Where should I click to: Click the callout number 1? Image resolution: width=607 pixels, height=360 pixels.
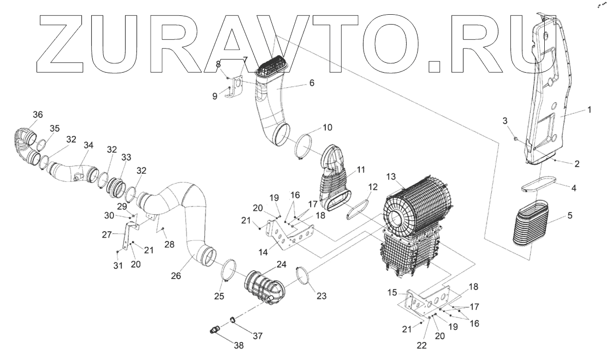(x=588, y=109)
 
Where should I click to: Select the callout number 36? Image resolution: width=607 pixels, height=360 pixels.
(x=37, y=114)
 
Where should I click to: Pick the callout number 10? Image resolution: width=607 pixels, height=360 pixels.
(x=327, y=128)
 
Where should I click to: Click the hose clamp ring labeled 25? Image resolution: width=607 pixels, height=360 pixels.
(x=230, y=270)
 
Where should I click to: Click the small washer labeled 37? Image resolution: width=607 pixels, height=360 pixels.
(x=231, y=320)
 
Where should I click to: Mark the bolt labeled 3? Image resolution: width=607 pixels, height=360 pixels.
(x=516, y=140)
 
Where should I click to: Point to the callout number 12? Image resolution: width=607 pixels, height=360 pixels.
(x=372, y=187)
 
